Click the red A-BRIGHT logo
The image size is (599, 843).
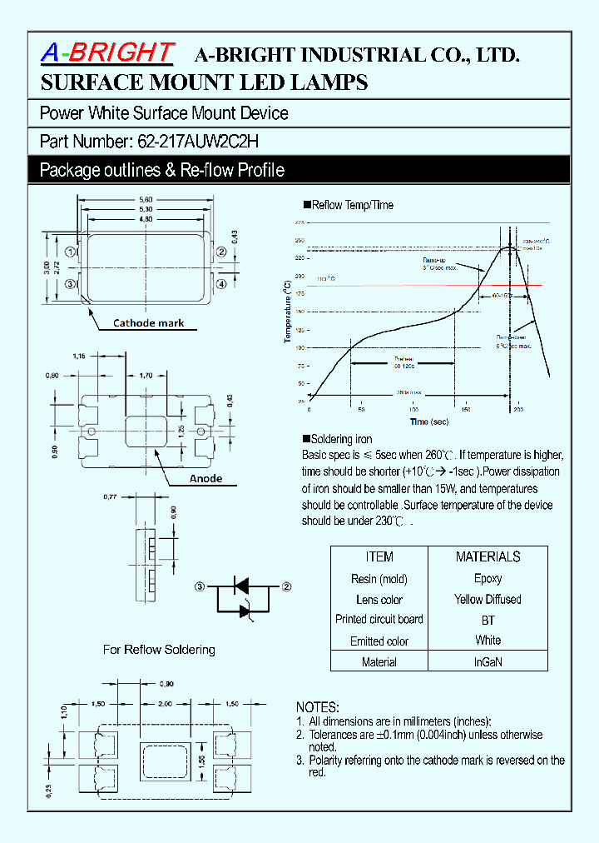click(x=107, y=52)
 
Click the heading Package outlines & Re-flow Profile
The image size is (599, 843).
click(x=162, y=170)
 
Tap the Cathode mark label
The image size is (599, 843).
click(x=148, y=323)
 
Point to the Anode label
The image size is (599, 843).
click(x=205, y=478)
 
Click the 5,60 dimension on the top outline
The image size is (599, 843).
click(x=146, y=199)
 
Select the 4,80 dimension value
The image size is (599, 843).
click(x=146, y=219)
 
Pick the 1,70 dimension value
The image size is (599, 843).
click(x=146, y=376)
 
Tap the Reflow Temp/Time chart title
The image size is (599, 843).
click(x=353, y=205)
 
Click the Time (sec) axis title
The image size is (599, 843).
click(x=431, y=421)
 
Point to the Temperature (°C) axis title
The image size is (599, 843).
click(x=287, y=312)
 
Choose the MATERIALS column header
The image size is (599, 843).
click(x=488, y=556)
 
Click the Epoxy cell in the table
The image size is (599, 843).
click(x=488, y=578)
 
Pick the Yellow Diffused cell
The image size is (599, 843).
click(x=488, y=599)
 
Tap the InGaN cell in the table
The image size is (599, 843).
click(x=488, y=662)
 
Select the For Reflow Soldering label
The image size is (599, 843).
click(x=159, y=649)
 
